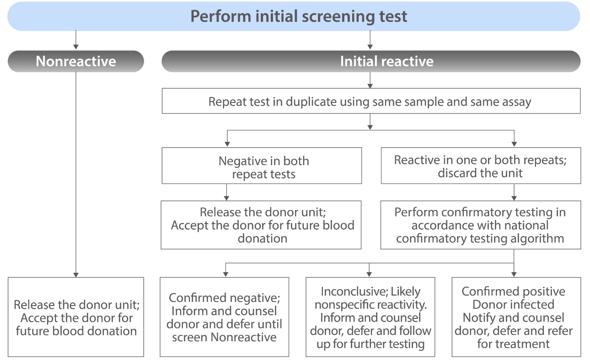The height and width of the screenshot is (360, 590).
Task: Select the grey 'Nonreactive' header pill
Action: [76, 61]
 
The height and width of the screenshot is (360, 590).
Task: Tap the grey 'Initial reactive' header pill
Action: [370, 61]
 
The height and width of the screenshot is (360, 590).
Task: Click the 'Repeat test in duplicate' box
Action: [370, 101]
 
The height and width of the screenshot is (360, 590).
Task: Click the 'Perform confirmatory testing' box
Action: [480, 225]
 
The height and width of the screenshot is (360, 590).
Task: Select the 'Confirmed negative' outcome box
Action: [224, 317]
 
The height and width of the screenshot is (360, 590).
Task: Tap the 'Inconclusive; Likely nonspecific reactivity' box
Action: [370, 317]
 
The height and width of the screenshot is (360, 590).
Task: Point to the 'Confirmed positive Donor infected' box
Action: [516, 317]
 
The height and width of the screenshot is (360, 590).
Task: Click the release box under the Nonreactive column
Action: [76, 317]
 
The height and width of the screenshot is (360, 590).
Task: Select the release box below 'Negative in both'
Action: [262, 225]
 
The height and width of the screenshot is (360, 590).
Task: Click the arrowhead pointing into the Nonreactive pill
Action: [76, 47]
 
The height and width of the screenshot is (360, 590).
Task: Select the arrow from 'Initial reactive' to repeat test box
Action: [370, 81]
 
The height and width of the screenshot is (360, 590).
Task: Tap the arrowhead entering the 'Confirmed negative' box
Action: [226, 274]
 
